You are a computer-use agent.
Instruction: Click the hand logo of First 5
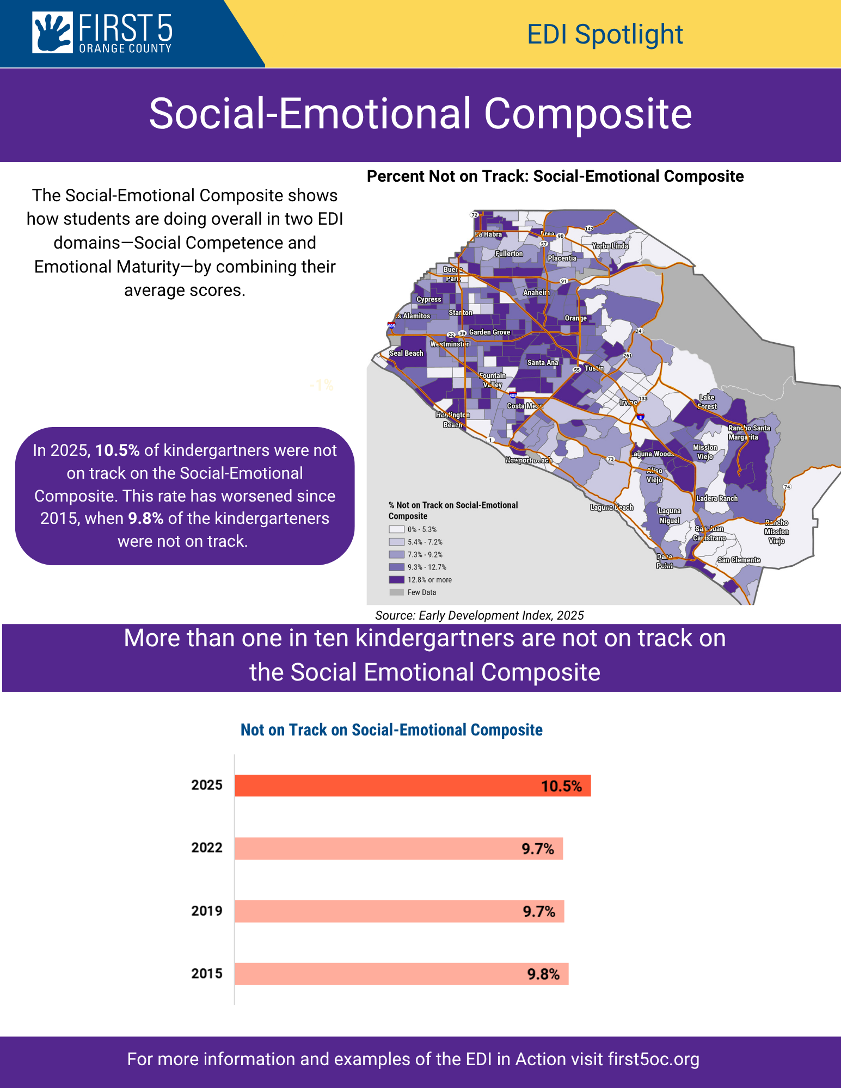pos(52,33)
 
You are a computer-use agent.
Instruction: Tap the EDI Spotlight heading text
pos(605,35)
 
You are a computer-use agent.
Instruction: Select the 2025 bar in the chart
pos(412,786)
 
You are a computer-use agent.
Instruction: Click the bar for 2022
pos(398,849)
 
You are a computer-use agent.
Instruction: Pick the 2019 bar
pos(399,911)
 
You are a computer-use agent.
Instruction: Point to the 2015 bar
pos(401,974)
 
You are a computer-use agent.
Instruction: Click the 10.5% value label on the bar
pos(561,786)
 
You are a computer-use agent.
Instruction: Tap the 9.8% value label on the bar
pos(543,974)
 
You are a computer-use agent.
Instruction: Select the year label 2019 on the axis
pos(207,911)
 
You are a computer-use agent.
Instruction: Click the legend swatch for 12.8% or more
pos(396,580)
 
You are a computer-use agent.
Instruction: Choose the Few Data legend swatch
pos(396,592)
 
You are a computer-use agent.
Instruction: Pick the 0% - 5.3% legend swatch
pos(396,529)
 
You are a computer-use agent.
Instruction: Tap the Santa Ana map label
pos(543,363)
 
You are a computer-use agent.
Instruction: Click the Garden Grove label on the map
pos(489,332)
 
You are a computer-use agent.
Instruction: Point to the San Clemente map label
pos(739,560)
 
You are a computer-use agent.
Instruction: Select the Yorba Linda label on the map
pos(610,246)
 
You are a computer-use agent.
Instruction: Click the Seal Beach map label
pos(406,354)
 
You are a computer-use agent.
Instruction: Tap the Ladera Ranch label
pos(717,498)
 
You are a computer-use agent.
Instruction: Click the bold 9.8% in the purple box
pos(146,518)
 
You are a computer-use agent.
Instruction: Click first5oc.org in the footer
pos(653,1059)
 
